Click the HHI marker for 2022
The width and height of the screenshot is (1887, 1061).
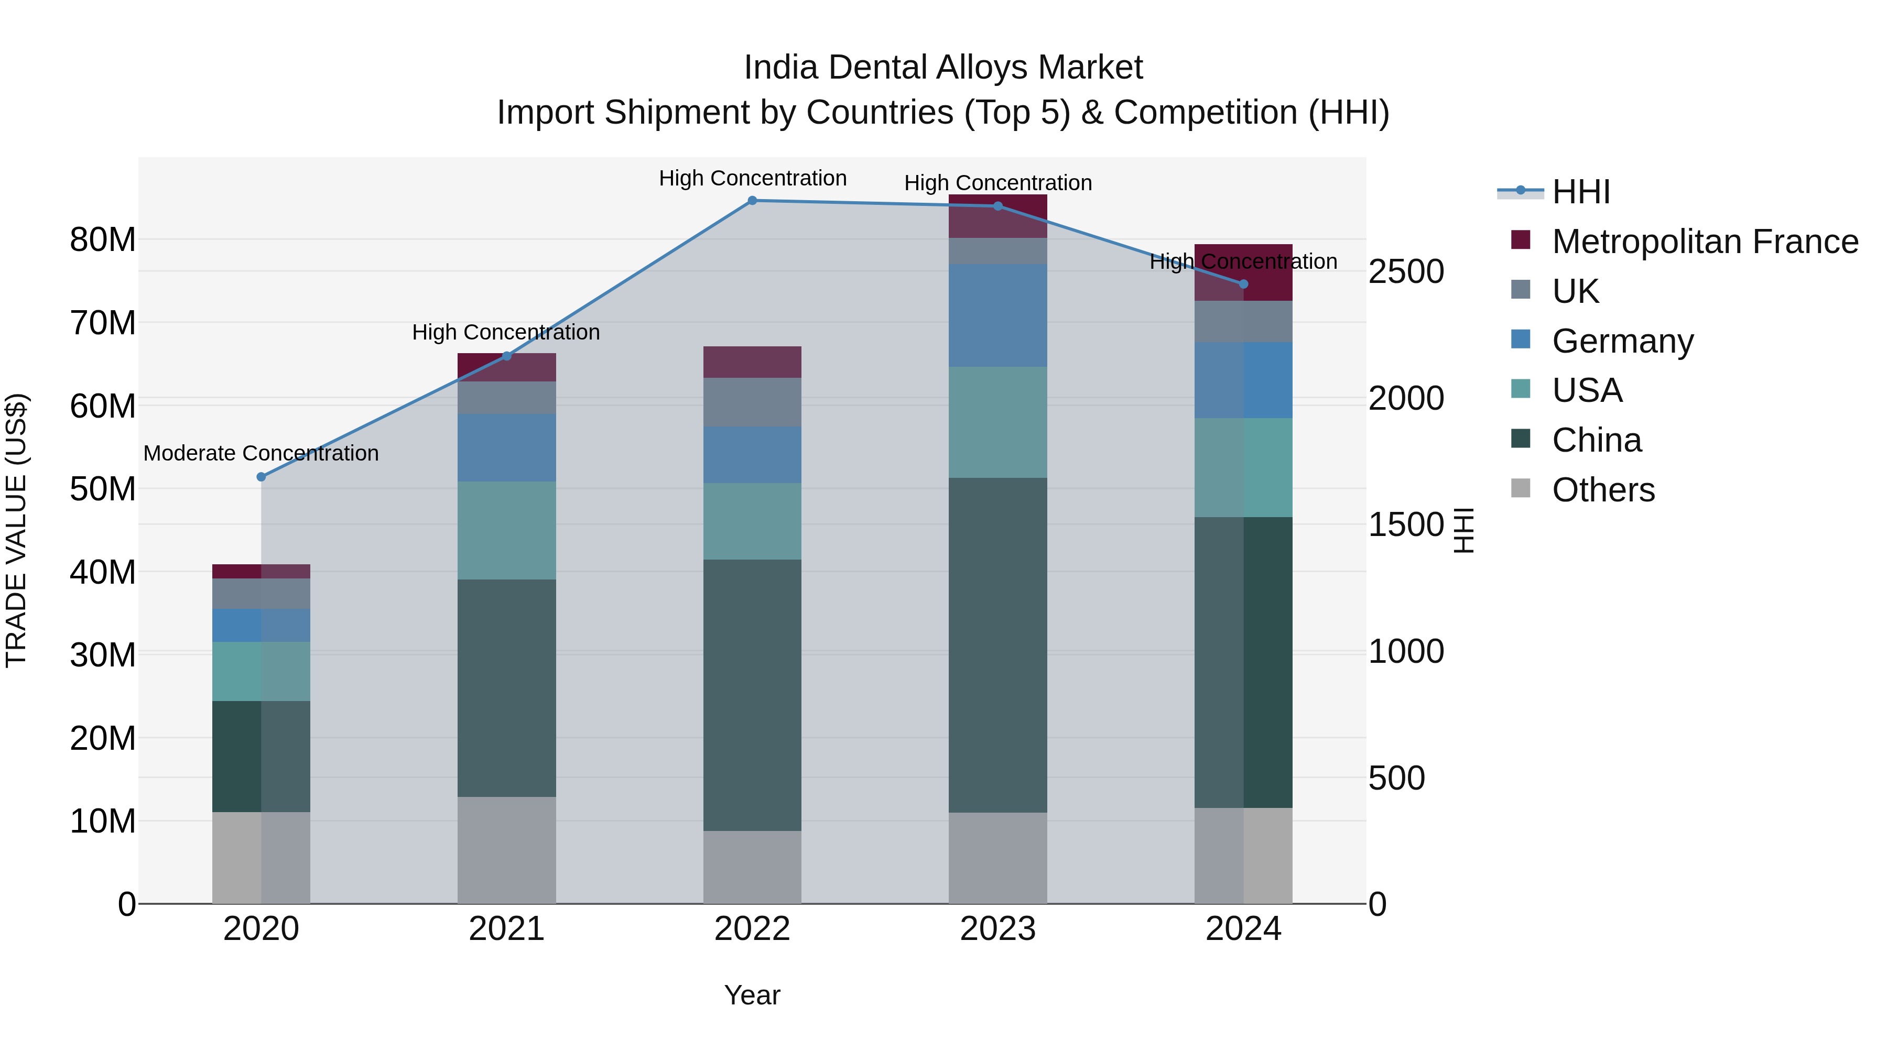752,201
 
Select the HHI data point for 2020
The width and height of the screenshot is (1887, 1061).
262,477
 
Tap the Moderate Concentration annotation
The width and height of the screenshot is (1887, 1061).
261,453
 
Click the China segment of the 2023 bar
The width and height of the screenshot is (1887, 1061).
997,644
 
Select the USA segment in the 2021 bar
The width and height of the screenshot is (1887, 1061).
506,530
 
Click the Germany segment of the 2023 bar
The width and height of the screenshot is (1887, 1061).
997,315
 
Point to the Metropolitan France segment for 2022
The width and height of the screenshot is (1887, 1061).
752,362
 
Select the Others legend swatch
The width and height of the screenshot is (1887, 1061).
1521,488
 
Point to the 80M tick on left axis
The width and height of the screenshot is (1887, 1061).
103,239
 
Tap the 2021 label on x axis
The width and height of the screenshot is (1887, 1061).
506,929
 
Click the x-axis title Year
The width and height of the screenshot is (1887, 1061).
752,995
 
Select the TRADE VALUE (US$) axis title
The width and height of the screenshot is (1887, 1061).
17,530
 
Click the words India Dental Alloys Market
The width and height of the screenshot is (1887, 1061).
943,68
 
